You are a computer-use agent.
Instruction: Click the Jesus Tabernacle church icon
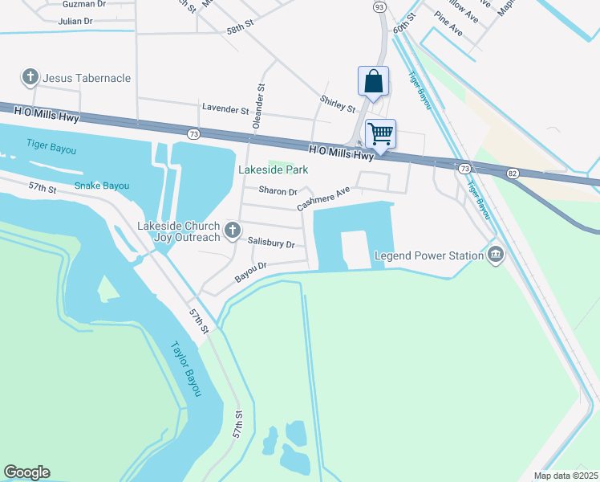pos(30,78)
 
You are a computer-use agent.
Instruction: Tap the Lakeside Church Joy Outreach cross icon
pos(232,231)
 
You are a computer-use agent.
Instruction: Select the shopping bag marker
pos(373,82)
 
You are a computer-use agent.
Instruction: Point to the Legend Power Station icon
pos(496,255)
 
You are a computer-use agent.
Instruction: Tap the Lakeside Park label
pos(273,170)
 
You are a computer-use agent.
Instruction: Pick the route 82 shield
pos(513,173)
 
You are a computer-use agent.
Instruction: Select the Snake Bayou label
pos(102,186)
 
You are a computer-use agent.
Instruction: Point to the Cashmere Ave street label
pos(324,199)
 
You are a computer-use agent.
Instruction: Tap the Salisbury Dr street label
pos(271,243)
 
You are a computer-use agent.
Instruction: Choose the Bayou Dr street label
pos(250,272)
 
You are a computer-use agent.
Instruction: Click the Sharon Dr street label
pos(278,191)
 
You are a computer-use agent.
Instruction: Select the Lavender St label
pos(225,108)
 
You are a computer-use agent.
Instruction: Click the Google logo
pos(26,472)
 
